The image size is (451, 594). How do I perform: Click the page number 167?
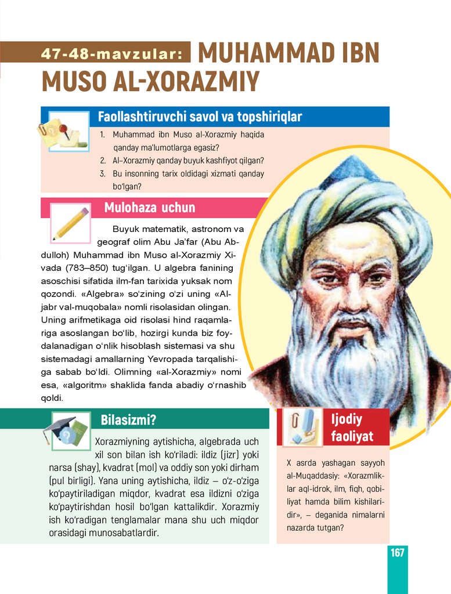397,552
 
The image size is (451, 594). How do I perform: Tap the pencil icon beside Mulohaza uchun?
70,223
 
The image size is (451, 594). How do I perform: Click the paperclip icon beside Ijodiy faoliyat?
301,427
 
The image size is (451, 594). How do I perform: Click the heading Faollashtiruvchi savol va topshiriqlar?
200,117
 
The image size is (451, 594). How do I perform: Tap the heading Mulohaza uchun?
150,208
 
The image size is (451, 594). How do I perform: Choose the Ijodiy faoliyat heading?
352,427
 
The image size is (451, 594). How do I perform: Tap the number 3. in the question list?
102,173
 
